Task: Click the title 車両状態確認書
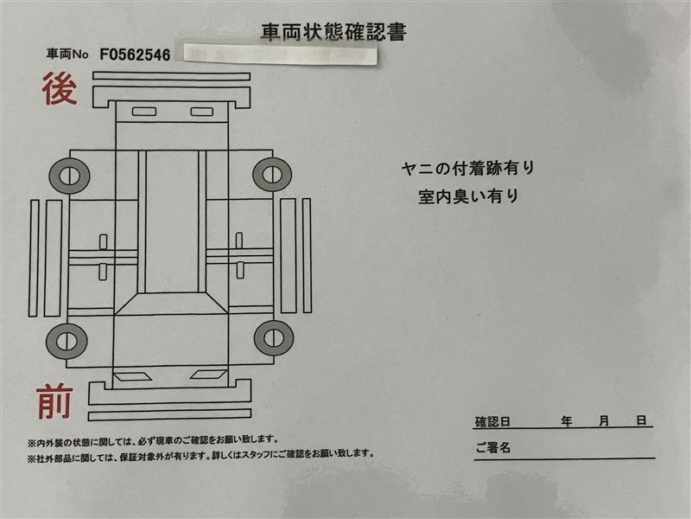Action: pos(333,32)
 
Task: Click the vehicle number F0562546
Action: pos(135,54)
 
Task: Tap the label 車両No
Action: pos(67,54)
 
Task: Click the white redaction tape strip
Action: pos(280,54)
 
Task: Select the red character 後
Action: pos(60,89)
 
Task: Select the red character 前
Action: pos(54,401)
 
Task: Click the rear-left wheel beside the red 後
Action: pos(69,176)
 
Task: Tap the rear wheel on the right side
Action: pos(272,174)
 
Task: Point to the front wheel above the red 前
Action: pos(67,341)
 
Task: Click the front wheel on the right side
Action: pos(274,338)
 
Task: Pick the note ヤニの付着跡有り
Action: pos(468,169)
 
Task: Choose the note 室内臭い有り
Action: pos(468,196)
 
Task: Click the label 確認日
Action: pos(492,422)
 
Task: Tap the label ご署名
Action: pos(492,447)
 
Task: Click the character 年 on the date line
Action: pos(567,421)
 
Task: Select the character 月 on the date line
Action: pos(604,421)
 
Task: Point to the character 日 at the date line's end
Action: pos(642,420)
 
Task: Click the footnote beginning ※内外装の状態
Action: pos(154,440)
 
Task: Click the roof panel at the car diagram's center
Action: pos(171,221)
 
